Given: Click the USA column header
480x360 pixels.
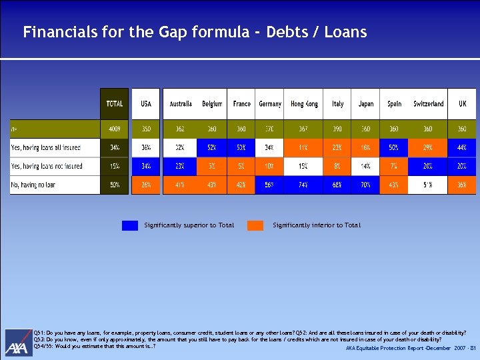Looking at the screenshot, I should (146, 104).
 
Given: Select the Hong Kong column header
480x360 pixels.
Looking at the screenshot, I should (304, 104).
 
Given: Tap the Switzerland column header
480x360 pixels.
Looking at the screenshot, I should (429, 104).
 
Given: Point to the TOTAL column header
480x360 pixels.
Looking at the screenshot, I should (115, 104).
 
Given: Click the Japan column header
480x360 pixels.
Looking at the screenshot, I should (366, 104).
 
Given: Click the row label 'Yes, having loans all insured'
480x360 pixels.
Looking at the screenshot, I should (46, 147).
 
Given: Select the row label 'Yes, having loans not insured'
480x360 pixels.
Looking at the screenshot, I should (47, 166).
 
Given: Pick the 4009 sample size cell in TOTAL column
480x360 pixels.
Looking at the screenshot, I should (115, 129).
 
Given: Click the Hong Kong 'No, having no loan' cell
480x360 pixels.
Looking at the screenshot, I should (304, 185).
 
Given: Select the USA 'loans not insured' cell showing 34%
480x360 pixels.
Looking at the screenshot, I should (146, 166).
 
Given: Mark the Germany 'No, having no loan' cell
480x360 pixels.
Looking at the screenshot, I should (270, 185).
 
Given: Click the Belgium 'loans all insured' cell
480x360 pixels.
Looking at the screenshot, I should (212, 147).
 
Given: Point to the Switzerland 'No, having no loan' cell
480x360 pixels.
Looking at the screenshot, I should (429, 185).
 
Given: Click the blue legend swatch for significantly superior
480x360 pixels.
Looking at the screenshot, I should (130, 225).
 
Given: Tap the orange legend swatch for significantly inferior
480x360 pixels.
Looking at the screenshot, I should (255, 225).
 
